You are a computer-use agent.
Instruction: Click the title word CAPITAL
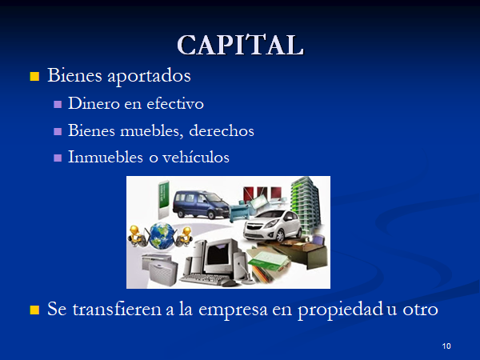241,45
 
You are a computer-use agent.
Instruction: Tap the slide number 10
446,346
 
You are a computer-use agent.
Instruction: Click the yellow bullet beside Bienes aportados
34,76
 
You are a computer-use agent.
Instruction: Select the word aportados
149,76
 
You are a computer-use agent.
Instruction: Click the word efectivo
175,103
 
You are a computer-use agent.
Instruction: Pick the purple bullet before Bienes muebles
58,131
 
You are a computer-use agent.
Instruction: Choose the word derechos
222,130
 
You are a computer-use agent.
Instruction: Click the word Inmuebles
106,157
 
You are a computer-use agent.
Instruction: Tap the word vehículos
196,157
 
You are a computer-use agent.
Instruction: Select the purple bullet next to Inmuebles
58,158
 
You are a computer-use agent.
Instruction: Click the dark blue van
201,204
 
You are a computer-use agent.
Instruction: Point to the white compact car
272,226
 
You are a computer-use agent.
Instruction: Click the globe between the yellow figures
162,236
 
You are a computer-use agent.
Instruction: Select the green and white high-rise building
306,202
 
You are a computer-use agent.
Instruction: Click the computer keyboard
203,279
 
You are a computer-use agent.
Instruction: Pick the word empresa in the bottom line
233,310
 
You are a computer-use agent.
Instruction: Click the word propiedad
340,310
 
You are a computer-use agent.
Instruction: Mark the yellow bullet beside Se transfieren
34,310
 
